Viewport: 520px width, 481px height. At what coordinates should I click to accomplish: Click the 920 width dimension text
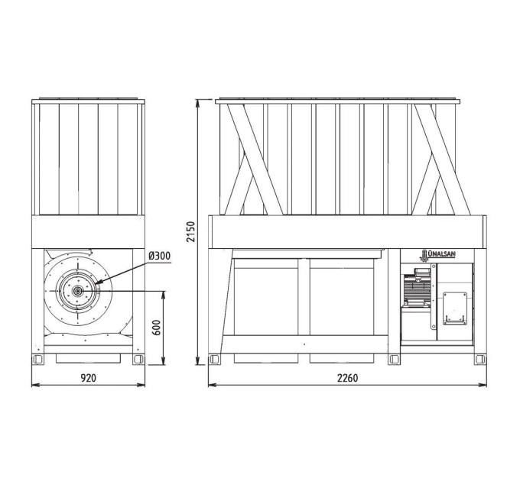pyautogui.click(x=89, y=378)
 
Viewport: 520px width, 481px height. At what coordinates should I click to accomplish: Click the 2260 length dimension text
pyautogui.click(x=347, y=378)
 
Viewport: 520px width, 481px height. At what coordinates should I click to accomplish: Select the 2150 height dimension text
pyautogui.click(x=190, y=232)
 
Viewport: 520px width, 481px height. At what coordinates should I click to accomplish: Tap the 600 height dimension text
pyautogui.click(x=158, y=328)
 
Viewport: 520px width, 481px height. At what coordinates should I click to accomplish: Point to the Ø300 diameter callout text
pyautogui.click(x=160, y=256)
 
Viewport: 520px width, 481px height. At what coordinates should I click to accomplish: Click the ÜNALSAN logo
pyautogui.click(x=437, y=254)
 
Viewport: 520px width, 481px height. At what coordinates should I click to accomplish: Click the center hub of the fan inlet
pyautogui.click(x=78, y=291)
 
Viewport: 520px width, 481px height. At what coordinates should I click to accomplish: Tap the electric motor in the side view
pyautogui.click(x=417, y=287)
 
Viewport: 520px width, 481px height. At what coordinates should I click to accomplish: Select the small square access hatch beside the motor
pyautogui.click(x=455, y=308)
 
